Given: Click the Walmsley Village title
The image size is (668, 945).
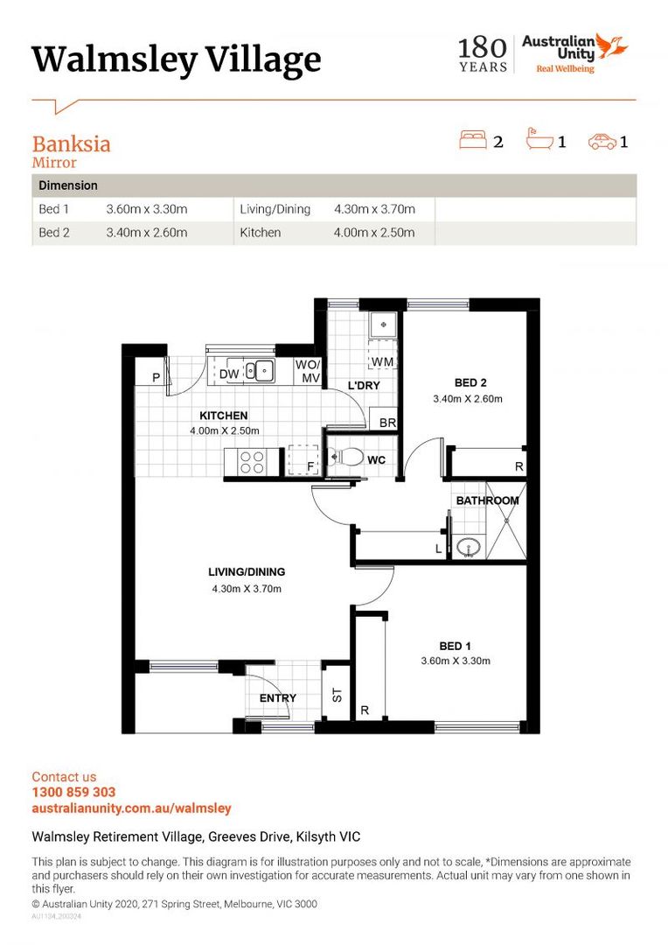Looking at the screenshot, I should click(x=177, y=59).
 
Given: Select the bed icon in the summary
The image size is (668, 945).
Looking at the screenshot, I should click(x=473, y=140).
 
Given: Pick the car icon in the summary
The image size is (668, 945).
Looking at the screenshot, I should click(x=602, y=140).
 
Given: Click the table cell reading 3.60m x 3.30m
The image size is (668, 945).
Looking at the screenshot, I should click(x=147, y=210).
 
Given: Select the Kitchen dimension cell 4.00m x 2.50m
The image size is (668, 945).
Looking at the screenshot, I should click(x=374, y=233).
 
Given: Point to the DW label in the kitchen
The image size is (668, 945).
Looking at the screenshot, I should click(x=229, y=374).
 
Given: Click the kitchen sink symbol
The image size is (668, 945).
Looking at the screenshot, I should click(x=260, y=371).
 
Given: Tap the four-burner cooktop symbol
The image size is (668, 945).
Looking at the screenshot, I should click(x=253, y=462).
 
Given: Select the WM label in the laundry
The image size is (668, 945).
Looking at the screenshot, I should click(x=382, y=361).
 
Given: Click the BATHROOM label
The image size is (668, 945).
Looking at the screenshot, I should click(x=487, y=500).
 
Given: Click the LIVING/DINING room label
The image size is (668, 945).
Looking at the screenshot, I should click(x=247, y=572).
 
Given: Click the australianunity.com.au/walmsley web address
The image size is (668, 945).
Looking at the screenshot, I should click(x=131, y=808).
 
